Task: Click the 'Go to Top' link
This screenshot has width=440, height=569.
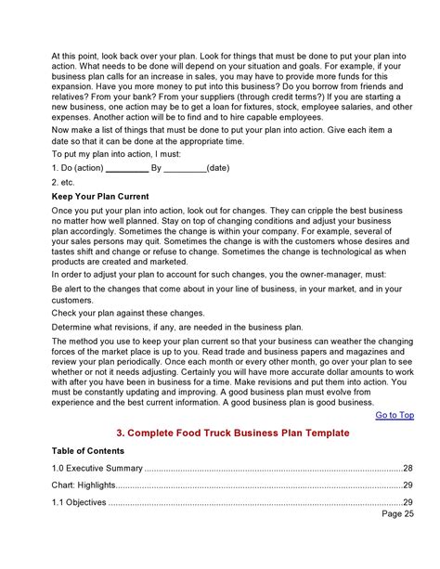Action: [395, 415]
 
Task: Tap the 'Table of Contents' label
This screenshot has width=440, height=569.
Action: [91, 450]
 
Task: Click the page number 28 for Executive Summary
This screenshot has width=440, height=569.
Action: [408, 468]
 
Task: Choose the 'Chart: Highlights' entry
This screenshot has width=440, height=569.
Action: [85, 485]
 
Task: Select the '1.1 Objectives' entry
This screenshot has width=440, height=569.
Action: [79, 503]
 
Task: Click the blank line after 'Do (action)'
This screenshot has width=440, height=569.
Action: [126, 169]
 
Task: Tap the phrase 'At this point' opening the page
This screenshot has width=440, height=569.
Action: [74, 57]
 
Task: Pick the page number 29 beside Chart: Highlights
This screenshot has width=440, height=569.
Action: [408, 485]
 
